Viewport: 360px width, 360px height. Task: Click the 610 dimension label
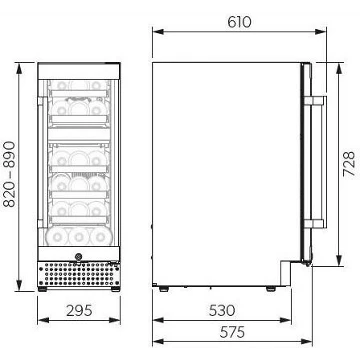coord(239,22)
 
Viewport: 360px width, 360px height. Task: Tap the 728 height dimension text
coord(349,164)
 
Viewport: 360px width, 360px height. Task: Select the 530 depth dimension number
coord(222,311)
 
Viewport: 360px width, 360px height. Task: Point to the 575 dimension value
coord(232,332)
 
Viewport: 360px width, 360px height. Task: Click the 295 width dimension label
coord(79,311)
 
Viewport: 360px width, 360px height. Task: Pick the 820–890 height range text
coord(9,174)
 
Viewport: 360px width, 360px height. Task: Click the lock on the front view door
coord(78,257)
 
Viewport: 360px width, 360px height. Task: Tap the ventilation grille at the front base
coord(79,273)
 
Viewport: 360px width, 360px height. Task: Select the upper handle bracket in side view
coord(314,101)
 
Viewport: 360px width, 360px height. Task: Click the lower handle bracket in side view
coord(314,223)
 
